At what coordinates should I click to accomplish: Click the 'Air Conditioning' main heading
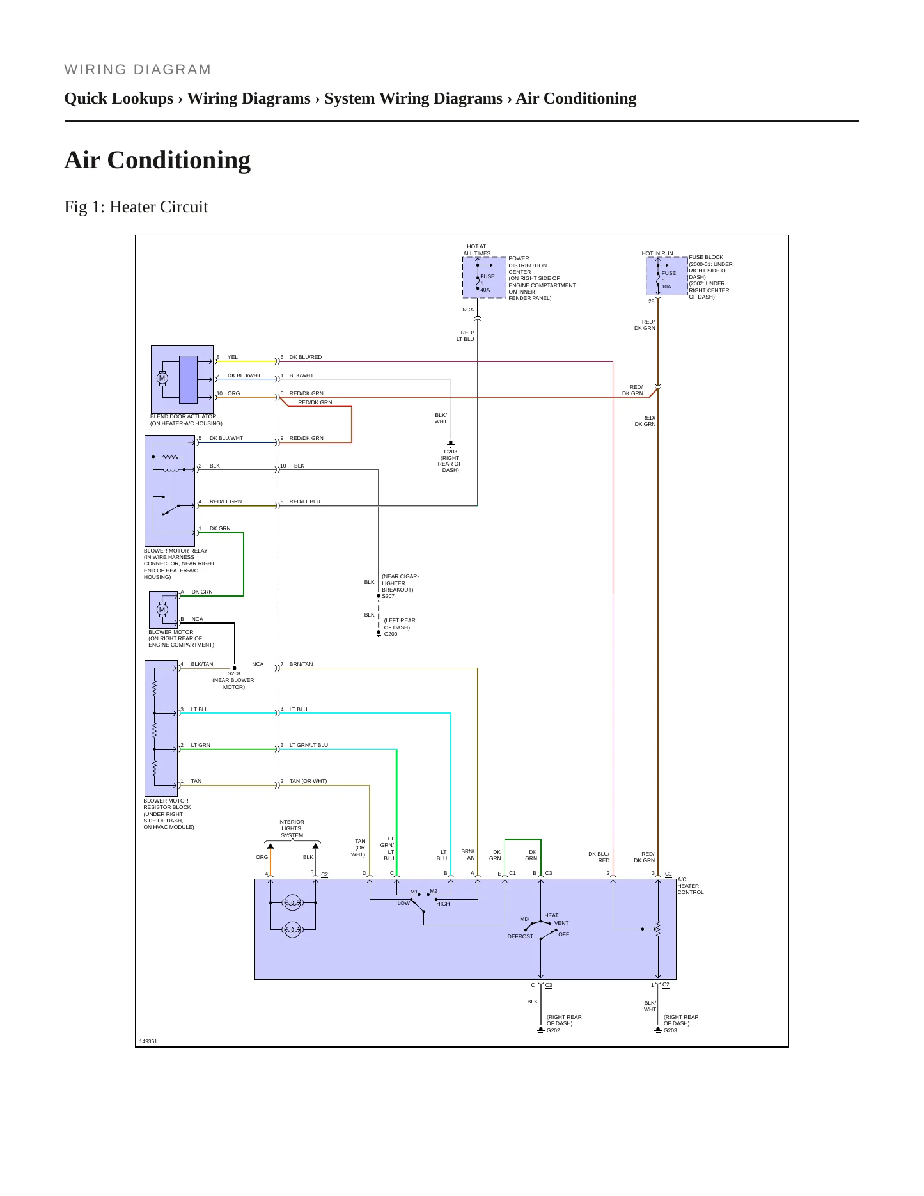157,160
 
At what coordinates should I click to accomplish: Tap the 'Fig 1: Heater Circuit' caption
136,207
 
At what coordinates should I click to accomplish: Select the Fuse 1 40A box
484,278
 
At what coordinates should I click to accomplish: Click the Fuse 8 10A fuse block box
667,276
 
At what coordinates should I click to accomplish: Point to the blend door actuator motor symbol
162,379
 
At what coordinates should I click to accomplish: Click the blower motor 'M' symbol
162,610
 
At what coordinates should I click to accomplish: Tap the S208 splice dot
234,668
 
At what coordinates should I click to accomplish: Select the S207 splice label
388,596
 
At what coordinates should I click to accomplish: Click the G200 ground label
391,634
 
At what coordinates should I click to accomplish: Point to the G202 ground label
553,1030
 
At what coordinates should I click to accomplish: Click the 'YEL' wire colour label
233,358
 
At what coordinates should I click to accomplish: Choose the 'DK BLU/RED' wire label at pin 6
306,358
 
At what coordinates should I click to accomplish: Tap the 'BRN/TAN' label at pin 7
301,664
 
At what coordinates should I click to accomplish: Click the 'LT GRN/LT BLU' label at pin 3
309,745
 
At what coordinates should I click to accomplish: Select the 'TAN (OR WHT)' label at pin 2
308,781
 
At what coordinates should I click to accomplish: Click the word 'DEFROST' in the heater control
521,936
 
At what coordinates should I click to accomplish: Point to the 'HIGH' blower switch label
443,904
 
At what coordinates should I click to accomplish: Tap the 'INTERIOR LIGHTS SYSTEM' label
292,829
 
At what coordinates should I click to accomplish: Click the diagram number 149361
148,1041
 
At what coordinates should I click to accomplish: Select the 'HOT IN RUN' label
657,253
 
